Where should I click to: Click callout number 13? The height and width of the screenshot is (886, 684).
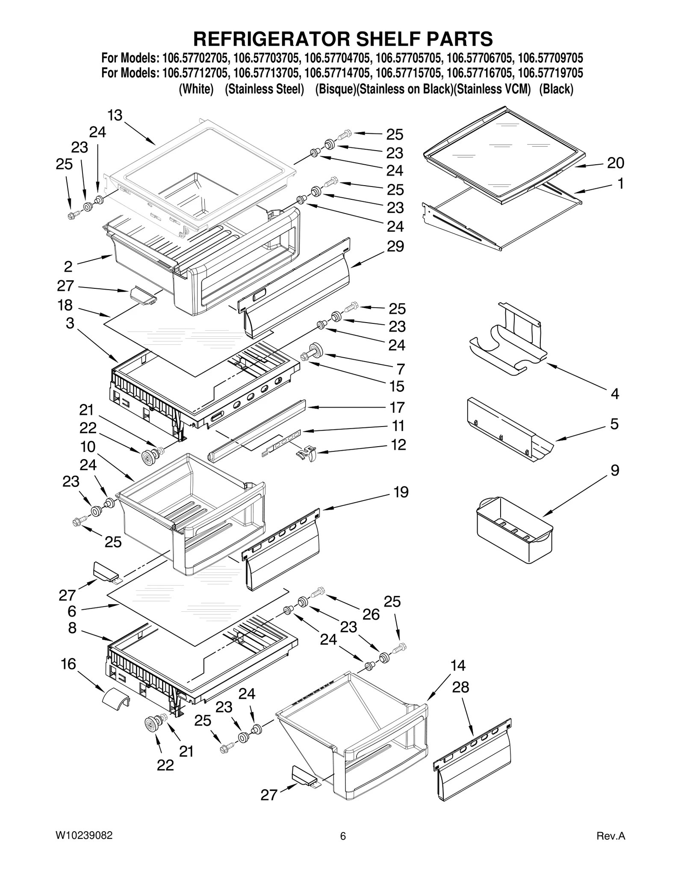click(x=115, y=115)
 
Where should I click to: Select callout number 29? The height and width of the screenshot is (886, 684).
click(x=395, y=246)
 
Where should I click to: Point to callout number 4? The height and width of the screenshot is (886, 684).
click(x=615, y=393)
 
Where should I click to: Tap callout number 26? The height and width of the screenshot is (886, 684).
click(x=371, y=614)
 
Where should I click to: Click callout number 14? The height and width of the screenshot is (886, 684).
click(x=458, y=666)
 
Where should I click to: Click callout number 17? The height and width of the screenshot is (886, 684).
click(x=397, y=407)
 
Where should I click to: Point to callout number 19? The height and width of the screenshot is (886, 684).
click(x=401, y=492)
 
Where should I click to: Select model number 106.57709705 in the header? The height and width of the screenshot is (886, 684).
click(x=550, y=58)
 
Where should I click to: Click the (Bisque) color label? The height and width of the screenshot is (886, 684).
click(x=335, y=89)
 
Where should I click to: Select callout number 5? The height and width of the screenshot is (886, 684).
click(x=614, y=424)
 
